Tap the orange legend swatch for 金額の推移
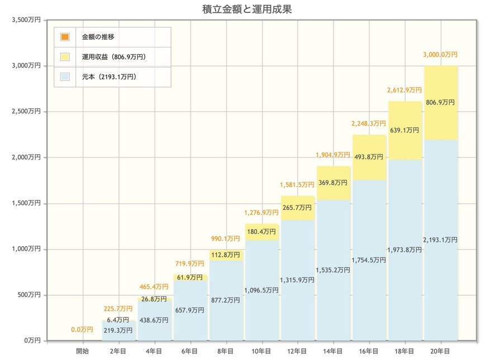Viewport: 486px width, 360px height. click(65, 37)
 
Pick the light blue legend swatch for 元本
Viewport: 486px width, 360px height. click(65, 76)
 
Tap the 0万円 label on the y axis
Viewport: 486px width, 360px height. click(31, 340)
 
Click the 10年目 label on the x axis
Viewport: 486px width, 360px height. click(261, 351)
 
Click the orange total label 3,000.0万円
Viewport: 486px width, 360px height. click(440, 55)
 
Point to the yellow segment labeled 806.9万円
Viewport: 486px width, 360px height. click(440, 103)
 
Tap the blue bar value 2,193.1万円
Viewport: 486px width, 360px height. click(440, 240)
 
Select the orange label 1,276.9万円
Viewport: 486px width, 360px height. click(261, 213)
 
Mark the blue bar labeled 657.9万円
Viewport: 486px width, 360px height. click(190, 310)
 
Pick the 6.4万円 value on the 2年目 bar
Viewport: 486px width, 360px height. click(118, 320)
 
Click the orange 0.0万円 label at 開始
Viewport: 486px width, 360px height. click(82, 330)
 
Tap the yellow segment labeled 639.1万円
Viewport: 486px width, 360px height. click(404, 130)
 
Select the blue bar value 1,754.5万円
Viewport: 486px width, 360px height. click(369, 260)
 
